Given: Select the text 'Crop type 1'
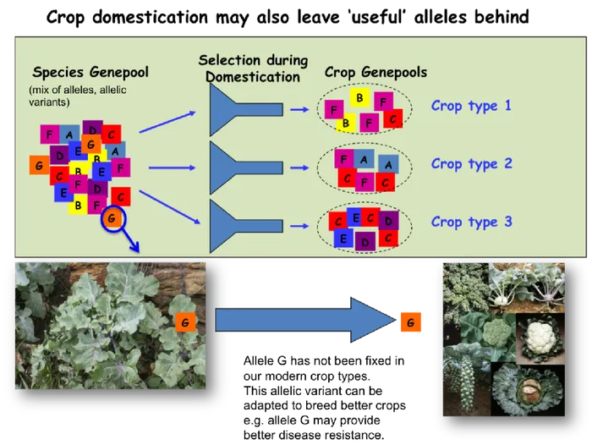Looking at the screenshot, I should pyautogui.click(x=471, y=107).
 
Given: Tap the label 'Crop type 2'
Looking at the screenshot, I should pyautogui.click(x=471, y=163).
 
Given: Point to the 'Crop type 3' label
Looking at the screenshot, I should pyautogui.click(x=471, y=222).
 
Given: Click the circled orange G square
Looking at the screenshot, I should pyautogui.click(x=112, y=220).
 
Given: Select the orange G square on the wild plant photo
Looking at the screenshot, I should pyautogui.click(x=185, y=322).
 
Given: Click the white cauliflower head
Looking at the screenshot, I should pyautogui.click(x=537, y=342).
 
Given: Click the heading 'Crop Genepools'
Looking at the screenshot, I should pyautogui.click(x=375, y=74).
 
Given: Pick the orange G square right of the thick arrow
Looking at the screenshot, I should pyautogui.click(x=410, y=323).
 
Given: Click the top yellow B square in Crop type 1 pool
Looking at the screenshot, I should pyautogui.click(x=360, y=98).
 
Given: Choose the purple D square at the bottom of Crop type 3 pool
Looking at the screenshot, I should pyautogui.click(x=365, y=242).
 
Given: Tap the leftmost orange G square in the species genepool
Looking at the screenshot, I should pyautogui.click(x=38, y=165).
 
